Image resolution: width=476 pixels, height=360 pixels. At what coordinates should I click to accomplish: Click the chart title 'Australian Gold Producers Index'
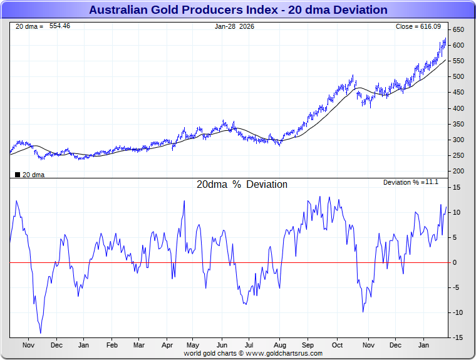click(x=238, y=9)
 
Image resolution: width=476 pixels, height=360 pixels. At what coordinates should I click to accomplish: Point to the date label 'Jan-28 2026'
click(x=234, y=26)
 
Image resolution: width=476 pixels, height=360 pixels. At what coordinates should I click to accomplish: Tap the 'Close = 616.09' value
click(x=418, y=26)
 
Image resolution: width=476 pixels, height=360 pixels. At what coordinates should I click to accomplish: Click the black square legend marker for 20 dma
click(x=18, y=175)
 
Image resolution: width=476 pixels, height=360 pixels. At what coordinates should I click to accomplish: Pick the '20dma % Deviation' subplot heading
click(x=242, y=185)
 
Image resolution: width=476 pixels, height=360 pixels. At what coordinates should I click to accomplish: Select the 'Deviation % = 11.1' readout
click(x=410, y=182)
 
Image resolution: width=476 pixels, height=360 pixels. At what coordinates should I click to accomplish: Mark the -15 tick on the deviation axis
click(x=458, y=338)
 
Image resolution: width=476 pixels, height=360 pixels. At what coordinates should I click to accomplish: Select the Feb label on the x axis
click(x=111, y=345)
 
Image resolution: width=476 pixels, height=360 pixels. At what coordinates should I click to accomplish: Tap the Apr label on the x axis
click(x=167, y=345)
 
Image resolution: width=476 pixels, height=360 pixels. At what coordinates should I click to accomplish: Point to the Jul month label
click(x=249, y=345)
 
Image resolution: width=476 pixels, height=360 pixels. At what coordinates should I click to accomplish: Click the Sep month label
click(x=308, y=345)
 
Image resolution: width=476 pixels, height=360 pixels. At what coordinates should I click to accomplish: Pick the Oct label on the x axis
click(x=337, y=345)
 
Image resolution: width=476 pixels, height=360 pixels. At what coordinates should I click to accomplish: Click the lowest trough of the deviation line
click(x=41, y=333)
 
